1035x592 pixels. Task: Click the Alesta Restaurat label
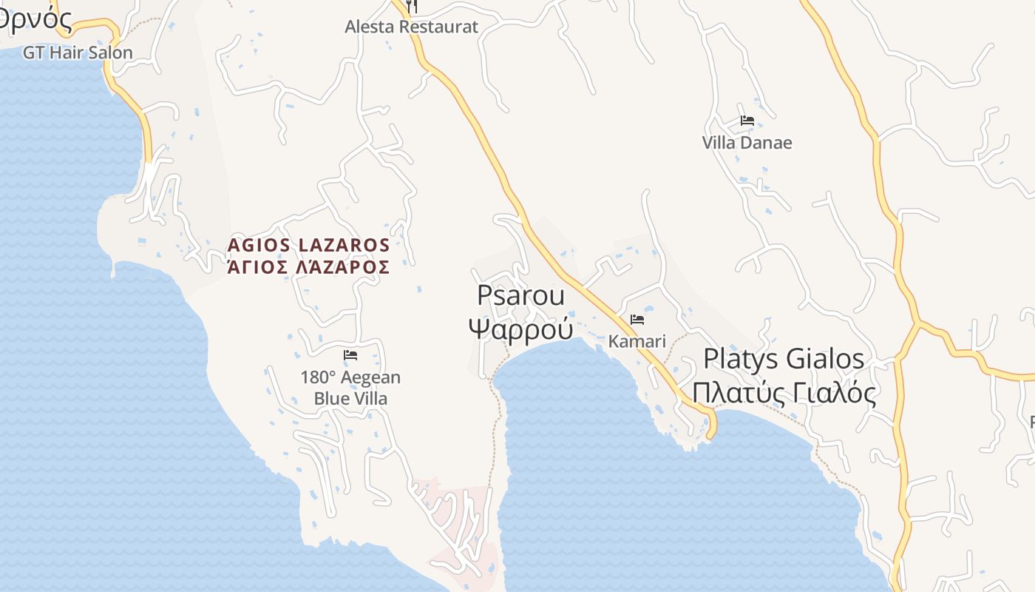pyautogui.click(x=411, y=27)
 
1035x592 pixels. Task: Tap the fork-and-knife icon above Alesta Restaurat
pyautogui.click(x=413, y=6)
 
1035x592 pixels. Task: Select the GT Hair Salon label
pyautogui.click(x=78, y=53)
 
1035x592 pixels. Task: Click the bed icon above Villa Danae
pyautogui.click(x=747, y=121)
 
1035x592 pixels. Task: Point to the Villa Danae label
pyautogui.click(x=747, y=143)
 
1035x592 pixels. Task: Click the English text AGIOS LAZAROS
pyautogui.click(x=308, y=245)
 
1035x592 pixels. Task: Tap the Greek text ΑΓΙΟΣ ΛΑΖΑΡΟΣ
pyautogui.click(x=308, y=267)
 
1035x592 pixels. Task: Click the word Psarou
pyautogui.click(x=520, y=295)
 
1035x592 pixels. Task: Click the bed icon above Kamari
pyautogui.click(x=637, y=320)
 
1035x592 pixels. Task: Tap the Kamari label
pyautogui.click(x=637, y=342)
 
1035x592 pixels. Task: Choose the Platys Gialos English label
pyautogui.click(x=784, y=359)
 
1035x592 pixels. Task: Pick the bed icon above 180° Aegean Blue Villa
pyautogui.click(x=350, y=355)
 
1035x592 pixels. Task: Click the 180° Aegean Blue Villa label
pyautogui.click(x=350, y=388)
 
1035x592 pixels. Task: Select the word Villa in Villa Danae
pyautogui.click(x=719, y=143)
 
